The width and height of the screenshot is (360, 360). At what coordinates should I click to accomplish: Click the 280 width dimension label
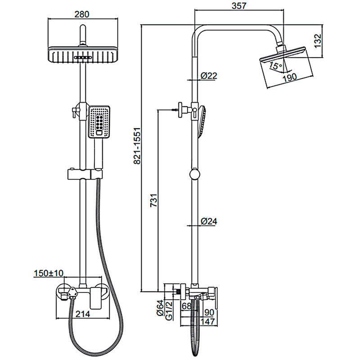click(x=82, y=14)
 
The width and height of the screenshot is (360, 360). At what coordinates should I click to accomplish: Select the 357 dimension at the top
click(x=239, y=6)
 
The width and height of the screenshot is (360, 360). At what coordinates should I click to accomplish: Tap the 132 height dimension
click(x=318, y=41)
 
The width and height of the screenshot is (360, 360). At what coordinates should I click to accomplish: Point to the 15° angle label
click(x=275, y=65)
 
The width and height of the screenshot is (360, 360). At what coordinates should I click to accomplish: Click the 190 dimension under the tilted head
click(x=289, y=78)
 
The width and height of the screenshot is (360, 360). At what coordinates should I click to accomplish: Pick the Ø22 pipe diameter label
click(x=209, y=76)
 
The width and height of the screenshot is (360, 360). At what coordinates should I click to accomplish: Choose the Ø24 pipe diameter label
click(x=209, y=221)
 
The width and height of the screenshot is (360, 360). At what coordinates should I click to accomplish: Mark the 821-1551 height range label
click(x=137, y=146)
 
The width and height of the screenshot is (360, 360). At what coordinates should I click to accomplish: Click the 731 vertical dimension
click(x=154, y=200)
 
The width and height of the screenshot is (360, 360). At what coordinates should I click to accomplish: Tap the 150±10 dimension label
click(x=49, y=274)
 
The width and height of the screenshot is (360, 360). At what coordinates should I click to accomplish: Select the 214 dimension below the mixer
click(x=83, y=314)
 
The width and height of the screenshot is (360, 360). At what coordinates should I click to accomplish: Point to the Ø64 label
click(x=160, y=308)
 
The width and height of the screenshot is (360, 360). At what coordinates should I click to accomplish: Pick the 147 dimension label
click(x=207, y=321)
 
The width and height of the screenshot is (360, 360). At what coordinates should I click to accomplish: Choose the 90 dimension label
click(x=209, y=312)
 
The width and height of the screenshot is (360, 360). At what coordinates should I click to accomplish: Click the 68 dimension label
click(x=186, y=306)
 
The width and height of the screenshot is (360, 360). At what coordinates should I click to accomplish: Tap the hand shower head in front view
click(x=99, y=122)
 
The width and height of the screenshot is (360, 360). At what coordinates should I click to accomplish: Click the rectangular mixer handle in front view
click(x=96, y=298)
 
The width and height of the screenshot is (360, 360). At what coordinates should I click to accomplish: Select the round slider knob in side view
click(x=195, y=175)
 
